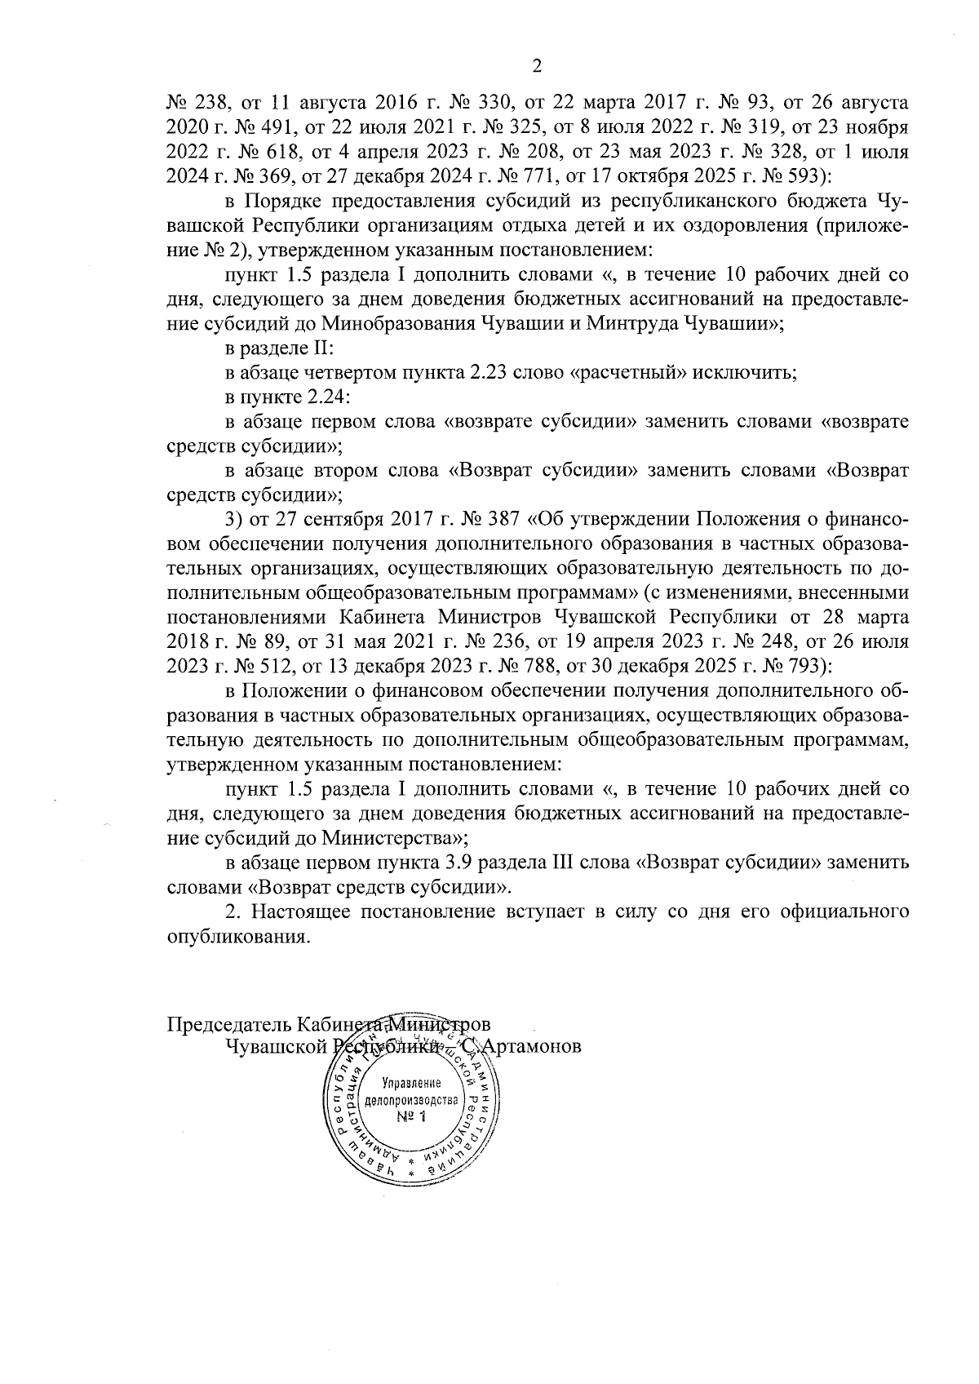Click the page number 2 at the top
click(536, 66)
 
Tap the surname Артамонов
click(532, 1048)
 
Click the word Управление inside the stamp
click(411, 1084)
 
